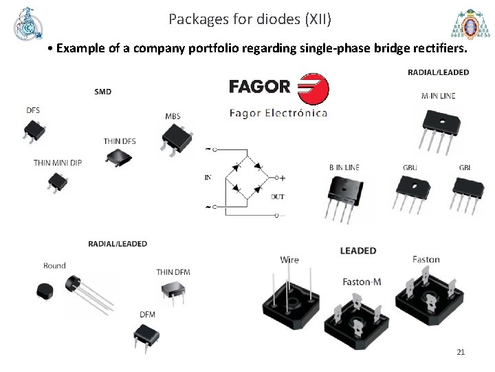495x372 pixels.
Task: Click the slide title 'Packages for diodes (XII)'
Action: click(x=250, y=19)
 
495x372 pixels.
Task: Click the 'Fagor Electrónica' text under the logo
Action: click(x=278, y=113)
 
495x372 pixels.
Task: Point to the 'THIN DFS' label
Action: click(x=120, y=141)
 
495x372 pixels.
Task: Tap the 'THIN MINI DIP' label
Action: click(x=58, y=163)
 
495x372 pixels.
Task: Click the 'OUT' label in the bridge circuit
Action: click(x=277, y=197)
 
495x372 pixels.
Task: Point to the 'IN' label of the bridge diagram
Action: click(x=208, y=178)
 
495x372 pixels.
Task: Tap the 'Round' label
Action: click(x=54, y=265)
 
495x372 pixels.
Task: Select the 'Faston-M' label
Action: click(x=362, y=282)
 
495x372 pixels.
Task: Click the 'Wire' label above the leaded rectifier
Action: click(x=289, y=260)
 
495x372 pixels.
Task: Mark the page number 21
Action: click(x=461, y=352)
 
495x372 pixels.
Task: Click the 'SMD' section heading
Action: click(x=102, y=92)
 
